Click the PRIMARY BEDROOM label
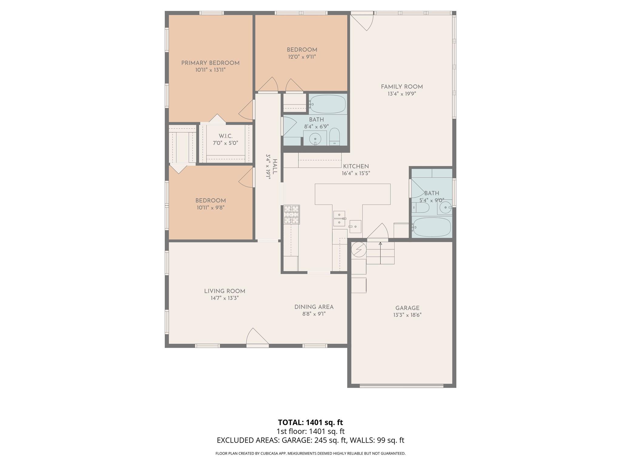[x=210, y=63]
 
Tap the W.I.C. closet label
[x=226, y=136]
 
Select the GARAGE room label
[x=407, y=308]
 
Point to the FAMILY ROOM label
[x=402, y=87]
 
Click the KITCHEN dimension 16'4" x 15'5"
[x=356, y=174]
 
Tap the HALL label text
[x=275, y=167]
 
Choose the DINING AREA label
[x=314, y=307]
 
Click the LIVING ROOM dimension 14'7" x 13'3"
[x=225, y=298]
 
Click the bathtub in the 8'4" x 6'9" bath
[x=327, y=104]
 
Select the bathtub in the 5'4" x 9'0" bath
[x=432, y=227]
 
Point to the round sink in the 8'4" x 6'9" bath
[x=315, y=139]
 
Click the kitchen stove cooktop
[x=292, y=214]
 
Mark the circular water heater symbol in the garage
[x=359, y=249]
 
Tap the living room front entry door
[x=257, y=338]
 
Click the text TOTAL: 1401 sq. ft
[x=310, y=422]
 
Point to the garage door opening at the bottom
[x=401, y=386]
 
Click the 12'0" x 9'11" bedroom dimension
[x=302, y=57]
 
